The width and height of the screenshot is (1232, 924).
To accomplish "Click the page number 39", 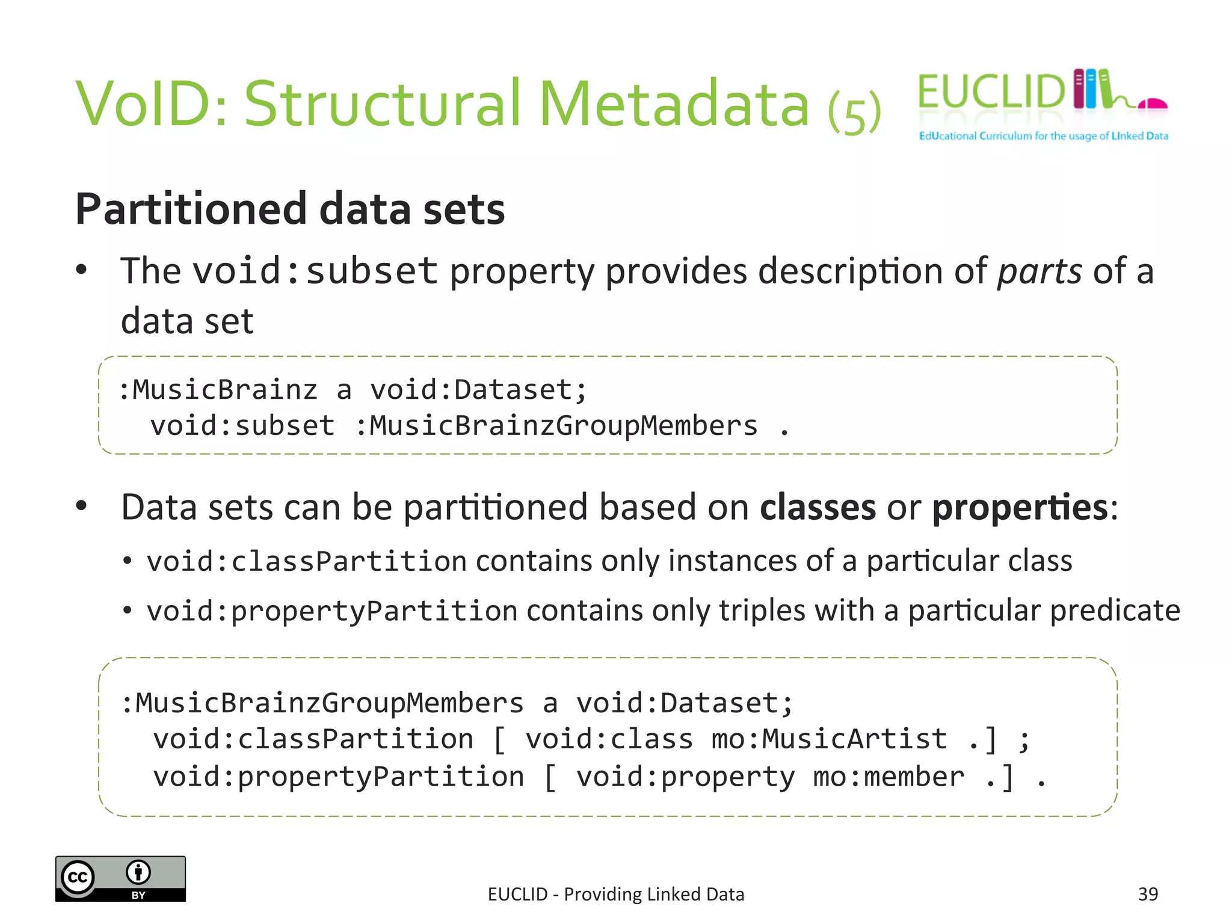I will [1148, 894].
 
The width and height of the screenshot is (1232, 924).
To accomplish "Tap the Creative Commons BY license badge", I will [120, 879].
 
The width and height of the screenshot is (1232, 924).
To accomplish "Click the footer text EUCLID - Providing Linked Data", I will [616, 895].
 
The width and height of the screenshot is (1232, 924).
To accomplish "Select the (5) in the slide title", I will [854, 112].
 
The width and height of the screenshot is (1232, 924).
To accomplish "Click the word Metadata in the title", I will [674, 105].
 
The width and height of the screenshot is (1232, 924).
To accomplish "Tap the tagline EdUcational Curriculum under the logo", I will [1043, 136].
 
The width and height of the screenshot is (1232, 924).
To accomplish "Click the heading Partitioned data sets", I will [290, 209].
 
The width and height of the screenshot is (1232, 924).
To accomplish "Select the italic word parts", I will [1039, 271].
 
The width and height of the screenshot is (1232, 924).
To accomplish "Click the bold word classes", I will [818, 507].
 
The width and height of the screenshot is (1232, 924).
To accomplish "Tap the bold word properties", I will [1020, 507].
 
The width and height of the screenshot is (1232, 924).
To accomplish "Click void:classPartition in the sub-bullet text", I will [307, 561].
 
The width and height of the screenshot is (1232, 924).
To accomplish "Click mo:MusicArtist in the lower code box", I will [829, 739].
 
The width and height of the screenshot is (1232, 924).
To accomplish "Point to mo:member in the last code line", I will [889, 777].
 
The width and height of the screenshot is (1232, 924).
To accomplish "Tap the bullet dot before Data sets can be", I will [82, 506].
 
